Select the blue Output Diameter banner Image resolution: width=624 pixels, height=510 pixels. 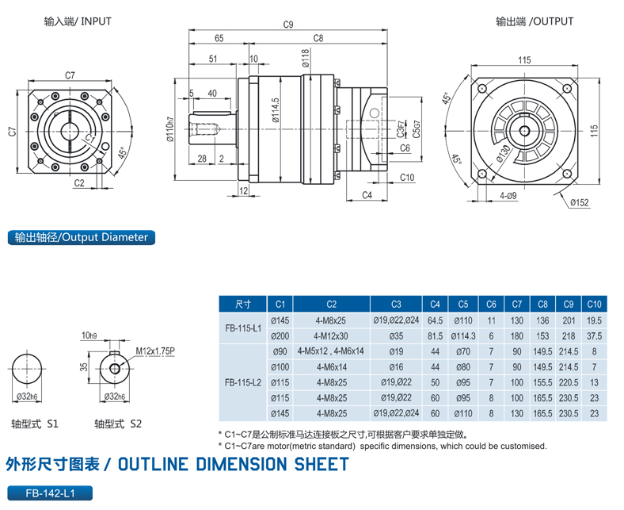point(81,237)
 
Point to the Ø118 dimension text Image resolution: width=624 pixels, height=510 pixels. point(305,57)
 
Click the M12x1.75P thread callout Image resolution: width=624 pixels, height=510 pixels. point(155,350)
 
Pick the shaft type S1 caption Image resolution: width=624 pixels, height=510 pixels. point(36,424)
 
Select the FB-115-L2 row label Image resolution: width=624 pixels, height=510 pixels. point(243,382)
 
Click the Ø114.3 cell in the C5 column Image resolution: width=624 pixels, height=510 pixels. point(462,336)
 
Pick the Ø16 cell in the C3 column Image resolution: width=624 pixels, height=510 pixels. point(395,366)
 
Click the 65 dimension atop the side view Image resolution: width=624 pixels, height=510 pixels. point(219,38)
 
